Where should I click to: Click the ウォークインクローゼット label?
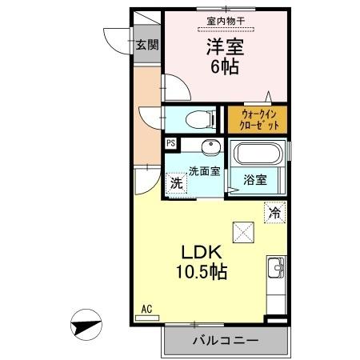tap(258, 121)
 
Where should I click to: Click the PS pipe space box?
tap(170, 143)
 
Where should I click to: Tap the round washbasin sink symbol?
tap(210, 148)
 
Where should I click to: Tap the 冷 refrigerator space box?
tap(274, 213)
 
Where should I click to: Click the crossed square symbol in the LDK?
tap(242, 232)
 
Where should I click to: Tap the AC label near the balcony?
tap(146, 308)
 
